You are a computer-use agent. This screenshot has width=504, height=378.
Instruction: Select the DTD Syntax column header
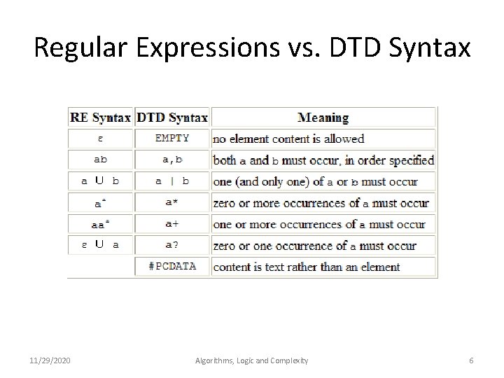coord(172,118)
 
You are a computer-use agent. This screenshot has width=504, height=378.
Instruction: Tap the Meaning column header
coord(323,118)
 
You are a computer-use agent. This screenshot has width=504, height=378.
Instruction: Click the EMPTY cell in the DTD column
coord(172,139)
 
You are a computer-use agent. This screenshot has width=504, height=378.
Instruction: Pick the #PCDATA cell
coord(172,267)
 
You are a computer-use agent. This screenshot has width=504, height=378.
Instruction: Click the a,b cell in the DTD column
coord(172,160)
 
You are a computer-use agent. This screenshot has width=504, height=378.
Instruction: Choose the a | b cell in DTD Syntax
coord(172,181)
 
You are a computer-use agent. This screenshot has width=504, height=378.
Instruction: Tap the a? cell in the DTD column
coord(172,246)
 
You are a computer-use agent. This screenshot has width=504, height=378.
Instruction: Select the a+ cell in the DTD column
coord(172,224)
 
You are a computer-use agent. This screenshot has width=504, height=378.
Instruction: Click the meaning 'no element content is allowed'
coord(288,139)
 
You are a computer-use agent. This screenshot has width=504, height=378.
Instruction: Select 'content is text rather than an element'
coord(307,267)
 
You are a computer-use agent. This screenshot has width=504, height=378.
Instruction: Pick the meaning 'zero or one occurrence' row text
coord(314,246)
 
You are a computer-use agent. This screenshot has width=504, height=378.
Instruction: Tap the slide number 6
coord(471,360)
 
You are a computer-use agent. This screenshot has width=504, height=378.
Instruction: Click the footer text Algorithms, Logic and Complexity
coord(251,360)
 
